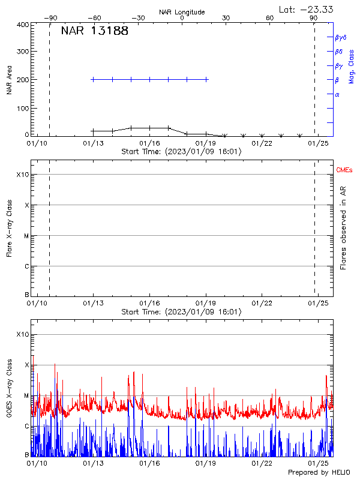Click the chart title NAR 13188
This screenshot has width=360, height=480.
click(94, 31)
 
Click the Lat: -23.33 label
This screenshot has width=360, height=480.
click(307, 8)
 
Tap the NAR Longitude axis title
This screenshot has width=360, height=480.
click(182, 12)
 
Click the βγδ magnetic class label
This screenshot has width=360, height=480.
click(340, 37)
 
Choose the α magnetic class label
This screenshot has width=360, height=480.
click(337, 94)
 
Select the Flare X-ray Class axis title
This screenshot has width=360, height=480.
click(9, 229)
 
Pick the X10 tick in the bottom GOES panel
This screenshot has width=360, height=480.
click(23, 334)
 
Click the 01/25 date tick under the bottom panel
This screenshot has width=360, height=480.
click(318, 464)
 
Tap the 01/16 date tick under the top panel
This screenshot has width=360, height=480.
click(149, 143)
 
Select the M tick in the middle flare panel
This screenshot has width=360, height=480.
click(26, 236)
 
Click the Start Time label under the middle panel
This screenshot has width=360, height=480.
click(182, 312)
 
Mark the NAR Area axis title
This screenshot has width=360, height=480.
click(9, 80)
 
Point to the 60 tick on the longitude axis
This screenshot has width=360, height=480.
click(270, 19)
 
